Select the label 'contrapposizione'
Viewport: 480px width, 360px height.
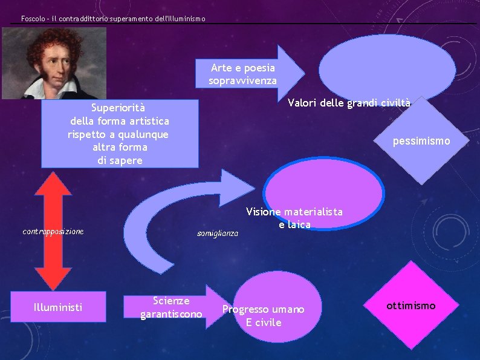(x=53, y=231)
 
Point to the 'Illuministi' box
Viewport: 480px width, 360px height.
(x=59, y=307)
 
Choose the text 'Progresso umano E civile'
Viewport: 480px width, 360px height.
(x=264, y=315)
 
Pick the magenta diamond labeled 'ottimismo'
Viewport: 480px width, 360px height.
(x=411, y=306)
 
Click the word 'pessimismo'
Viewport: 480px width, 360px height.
(x=421, y=141)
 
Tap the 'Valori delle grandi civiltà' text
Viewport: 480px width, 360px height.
(x=349, y=103)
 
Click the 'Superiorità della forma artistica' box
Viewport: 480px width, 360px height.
(x=120, y=134)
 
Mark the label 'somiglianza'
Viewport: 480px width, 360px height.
(x=218, y=233)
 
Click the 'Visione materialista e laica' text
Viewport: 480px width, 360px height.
(x=294, y=218)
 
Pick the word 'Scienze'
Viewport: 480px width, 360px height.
(x=171, y=301)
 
